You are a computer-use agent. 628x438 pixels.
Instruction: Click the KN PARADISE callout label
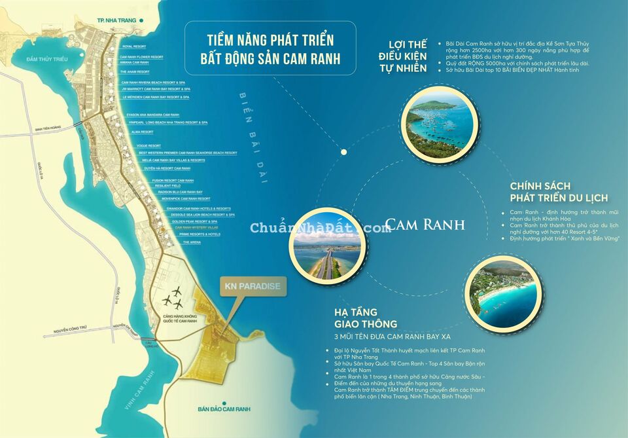click(x=252, y=286)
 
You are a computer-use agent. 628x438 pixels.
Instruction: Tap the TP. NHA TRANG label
click(x=116, y=20)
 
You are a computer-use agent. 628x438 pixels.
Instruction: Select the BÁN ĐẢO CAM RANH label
click(x=225, y=410)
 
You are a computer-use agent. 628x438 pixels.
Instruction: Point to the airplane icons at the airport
click(x=174, y=298)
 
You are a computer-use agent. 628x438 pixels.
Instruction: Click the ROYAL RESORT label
click(x=133, y=46)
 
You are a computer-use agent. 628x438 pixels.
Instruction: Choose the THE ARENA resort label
click(x=192, y=242)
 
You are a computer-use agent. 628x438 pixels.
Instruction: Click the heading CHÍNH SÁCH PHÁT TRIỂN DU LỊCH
click(x=559, y=192)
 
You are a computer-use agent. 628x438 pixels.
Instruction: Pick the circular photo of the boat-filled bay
click(x=438, y=124)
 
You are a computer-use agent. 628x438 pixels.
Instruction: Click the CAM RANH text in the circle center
click(x=425, y=225)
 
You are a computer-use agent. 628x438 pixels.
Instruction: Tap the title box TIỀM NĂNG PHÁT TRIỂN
click(x=270, y=48)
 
